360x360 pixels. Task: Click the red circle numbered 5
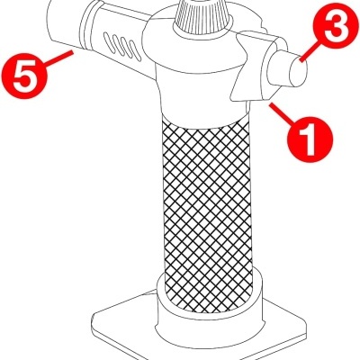pyautogui.click(x=24, y=76)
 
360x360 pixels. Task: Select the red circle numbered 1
pyautogui.click(x=310, y=139)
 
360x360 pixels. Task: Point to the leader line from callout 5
pyautogui.click(x=58, y=58)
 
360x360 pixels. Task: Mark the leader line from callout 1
pyautogui.click(x=283, y=112)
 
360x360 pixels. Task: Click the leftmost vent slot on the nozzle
pyautogui.click(x=109, y=40)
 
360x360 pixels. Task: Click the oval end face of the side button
pyautogui.click(x=298, y=72)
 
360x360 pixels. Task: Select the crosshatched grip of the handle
pyautogui.click(x=208, y=214)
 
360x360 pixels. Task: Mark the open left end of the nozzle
pyautogui.click(x=64, y=24)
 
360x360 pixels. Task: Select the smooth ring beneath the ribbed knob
pyautogui.click(x=202, y=32)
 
